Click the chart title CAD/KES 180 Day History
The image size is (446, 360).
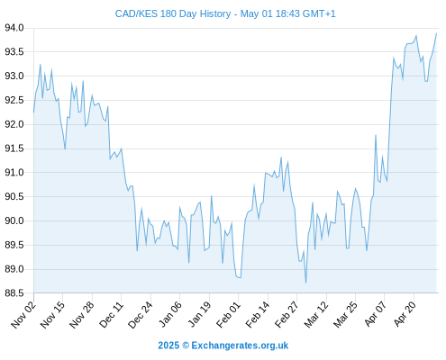pos(173,13)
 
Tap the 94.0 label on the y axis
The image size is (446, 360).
pos(14,28)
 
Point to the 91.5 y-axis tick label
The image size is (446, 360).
pos(14,148)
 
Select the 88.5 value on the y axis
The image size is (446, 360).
pos(14,293)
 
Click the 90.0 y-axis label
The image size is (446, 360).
pos(14,220)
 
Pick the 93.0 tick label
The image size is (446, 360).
pos(14,76)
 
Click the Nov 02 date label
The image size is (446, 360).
pos(23,314)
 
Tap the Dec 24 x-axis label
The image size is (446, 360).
pos(141,314)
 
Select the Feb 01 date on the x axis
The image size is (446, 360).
pos(228,314)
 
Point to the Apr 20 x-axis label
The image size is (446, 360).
pos(405,314)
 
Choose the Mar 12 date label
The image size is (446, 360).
pos(316,314)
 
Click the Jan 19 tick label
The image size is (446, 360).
pos(199,314)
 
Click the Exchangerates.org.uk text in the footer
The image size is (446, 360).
pos(240,346)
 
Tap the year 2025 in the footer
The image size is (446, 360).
pos(168,346)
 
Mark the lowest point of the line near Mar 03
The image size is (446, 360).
pos(305,283)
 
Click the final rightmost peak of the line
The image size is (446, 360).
pos(436,33)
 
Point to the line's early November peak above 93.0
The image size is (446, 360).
pos(41,65)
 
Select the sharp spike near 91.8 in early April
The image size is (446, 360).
pos(376,135)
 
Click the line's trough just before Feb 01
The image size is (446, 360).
pos(239,277)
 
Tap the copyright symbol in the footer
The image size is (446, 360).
pos(186,346)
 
